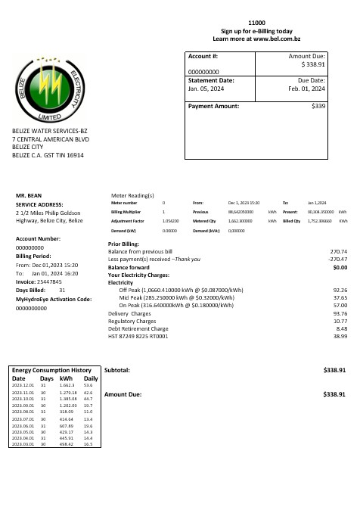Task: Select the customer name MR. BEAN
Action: click(29, 195)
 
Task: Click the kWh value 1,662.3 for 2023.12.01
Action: click(67, 385)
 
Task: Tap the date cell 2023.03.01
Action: click(24, 444)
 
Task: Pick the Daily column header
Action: click(91, 378)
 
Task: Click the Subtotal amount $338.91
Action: click(334, 371)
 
